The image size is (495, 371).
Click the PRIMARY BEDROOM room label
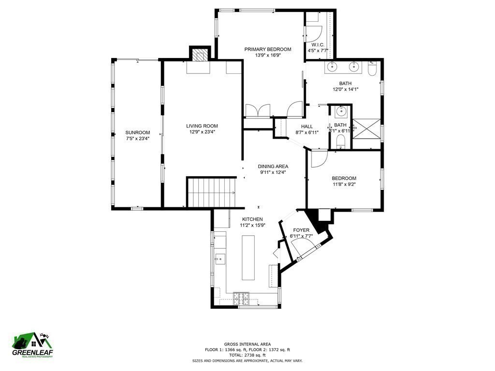(x=268, y=49)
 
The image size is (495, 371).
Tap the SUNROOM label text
(x=138, y=132)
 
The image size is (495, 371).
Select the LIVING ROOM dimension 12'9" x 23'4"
(x=202, y=132)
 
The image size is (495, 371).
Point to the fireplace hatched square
(x=200, y=56)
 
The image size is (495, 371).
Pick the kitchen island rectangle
(x=248, y=257)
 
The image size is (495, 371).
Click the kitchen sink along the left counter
(x=220, y=259)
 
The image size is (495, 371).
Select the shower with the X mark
(x=366, y=128)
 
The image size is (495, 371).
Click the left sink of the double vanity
(x=332, y=67)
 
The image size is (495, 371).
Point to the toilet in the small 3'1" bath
(x=340, y=142)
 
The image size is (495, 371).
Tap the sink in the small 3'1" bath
(x=341, y=112)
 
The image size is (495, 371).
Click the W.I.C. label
(x=318, y=45)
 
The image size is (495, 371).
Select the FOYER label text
(x=301, y=230)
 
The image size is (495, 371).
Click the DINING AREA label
(x=273, y=166)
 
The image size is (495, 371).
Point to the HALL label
(x=307, y=127)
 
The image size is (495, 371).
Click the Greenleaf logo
(x=32, y=345)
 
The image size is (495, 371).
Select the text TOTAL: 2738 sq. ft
(x=247, y=355)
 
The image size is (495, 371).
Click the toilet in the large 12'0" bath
(x=373, y=69)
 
